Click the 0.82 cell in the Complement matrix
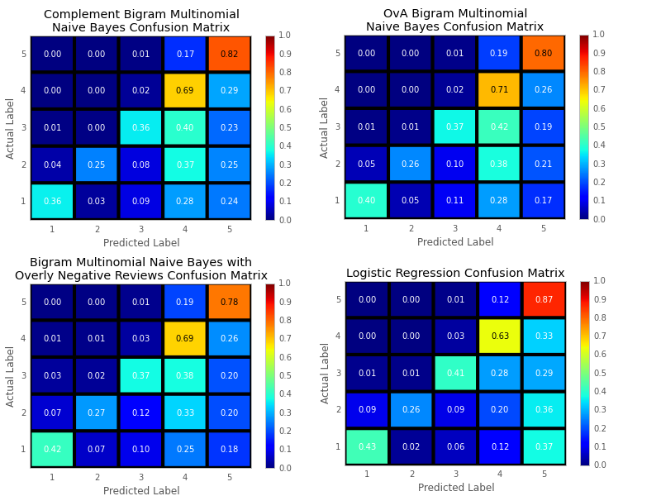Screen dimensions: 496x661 click(229, 54)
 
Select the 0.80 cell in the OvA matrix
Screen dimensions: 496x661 click(543, 53)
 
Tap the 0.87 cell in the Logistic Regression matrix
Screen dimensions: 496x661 click(543, 299)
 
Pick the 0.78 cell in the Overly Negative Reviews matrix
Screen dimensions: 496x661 click(229, 302)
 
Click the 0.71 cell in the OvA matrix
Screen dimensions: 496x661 click(498, 89)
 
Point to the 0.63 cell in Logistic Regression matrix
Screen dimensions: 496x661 click(499, 336)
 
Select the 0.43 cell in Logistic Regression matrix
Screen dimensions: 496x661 click(367, 446)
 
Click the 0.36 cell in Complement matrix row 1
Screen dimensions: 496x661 click(52, 201)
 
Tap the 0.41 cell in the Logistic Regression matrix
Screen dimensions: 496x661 click(455, 373)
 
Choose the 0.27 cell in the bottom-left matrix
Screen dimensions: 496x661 click(97, 413)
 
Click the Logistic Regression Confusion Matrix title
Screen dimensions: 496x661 click(455, 273)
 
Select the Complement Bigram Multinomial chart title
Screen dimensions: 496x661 click(141, 21)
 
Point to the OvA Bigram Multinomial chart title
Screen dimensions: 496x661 click(455, 20)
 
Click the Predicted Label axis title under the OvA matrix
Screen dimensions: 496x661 click(455, 242)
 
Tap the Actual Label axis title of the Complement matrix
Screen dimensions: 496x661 click(11, 128)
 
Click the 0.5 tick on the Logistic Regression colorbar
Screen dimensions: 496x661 click(599, 373)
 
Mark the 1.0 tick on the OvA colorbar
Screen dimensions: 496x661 click(599, 35)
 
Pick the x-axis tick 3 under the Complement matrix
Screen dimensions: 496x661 click(140, 228)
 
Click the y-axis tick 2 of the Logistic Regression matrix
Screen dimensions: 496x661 click(336, 410)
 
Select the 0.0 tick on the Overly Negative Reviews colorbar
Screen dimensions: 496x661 click(285, 468)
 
